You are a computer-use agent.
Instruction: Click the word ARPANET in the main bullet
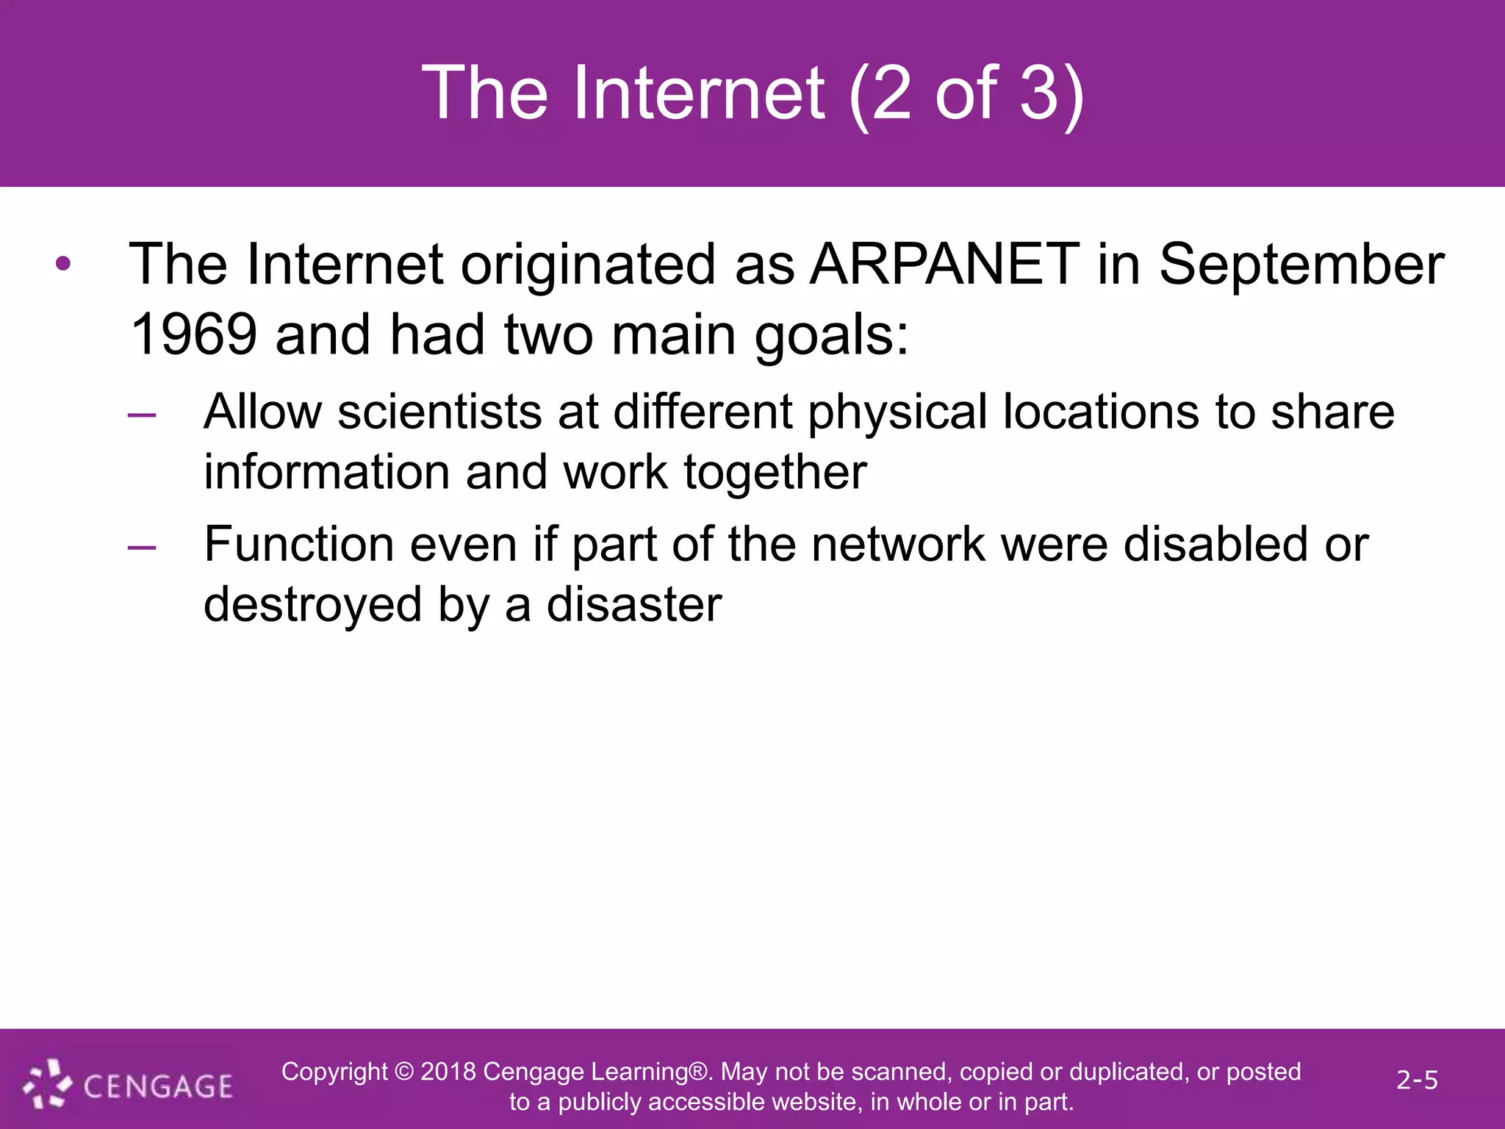pos(944,265)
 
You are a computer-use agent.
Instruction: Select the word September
pos(1301,265)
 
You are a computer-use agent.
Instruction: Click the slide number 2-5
pos(1417,1080)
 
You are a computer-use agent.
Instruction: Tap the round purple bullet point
pos(63,264)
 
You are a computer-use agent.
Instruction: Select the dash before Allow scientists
pos(142,415)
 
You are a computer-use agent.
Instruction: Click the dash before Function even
pos(142,548)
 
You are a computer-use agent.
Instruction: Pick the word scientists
pos(439,412)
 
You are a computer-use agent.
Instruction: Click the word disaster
pos(633,605)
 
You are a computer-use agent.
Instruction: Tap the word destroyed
pos(312,605)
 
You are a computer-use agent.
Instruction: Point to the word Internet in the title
pos(698,93)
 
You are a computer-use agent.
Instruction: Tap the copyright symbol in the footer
pos(404,1072)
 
